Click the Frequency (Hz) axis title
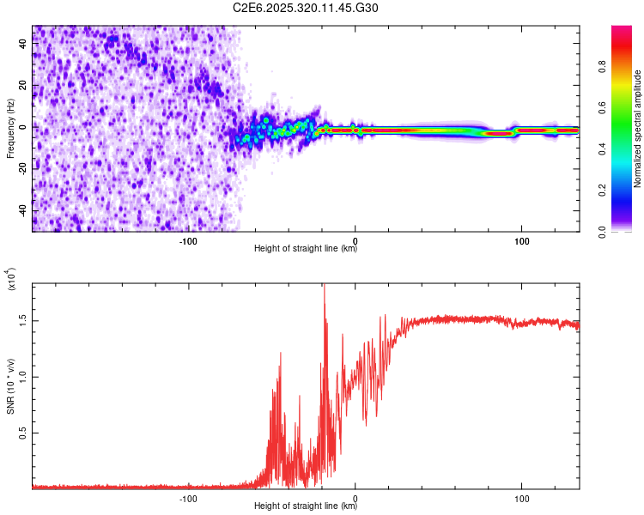point(10,128)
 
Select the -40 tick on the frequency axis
point(23,210)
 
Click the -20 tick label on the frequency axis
point(23,168)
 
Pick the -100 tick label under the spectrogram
point(189,239)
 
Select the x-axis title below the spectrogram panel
point(306,249)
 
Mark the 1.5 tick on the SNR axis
point(23,320)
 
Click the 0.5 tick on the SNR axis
point(23,433)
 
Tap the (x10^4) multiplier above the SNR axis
point(12,279)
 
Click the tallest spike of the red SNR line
point(324,287)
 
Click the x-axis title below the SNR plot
point(306,506)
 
